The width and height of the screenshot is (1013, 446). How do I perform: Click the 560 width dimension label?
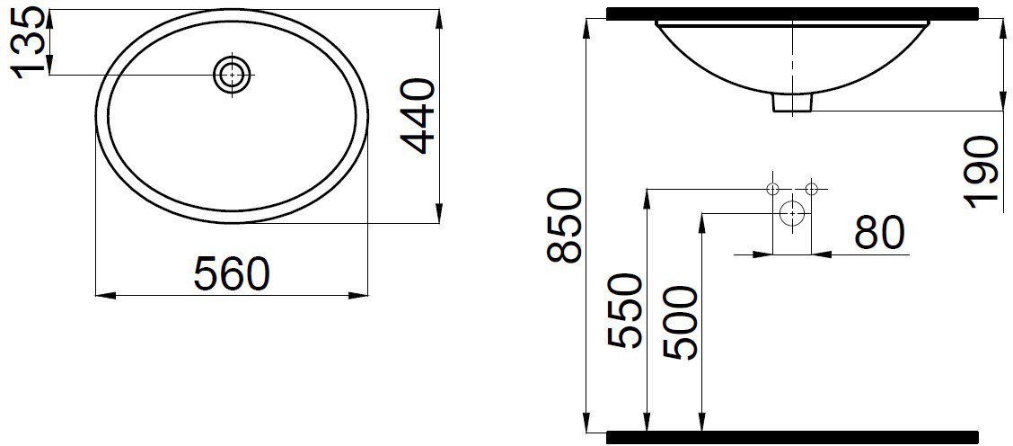231,273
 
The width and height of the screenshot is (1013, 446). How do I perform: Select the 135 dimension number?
29,43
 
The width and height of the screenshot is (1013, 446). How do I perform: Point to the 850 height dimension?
563,225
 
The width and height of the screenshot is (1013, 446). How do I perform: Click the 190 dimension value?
987,172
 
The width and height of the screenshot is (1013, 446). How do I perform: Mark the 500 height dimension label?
682,323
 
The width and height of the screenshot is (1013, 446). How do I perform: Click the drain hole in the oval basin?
232,75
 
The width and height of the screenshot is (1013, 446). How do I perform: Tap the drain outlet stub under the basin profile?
792,103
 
